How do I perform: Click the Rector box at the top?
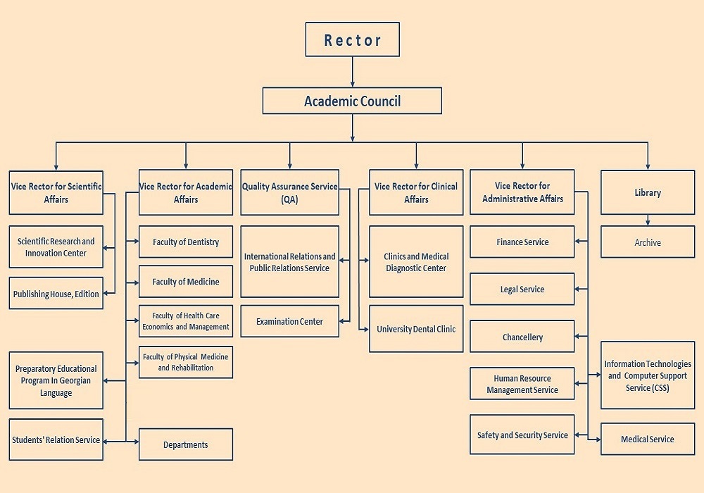(x=353, y=39)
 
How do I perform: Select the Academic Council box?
(x=352, y=101)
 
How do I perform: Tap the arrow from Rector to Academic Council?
(x=353, y=72)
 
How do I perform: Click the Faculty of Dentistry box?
(x=186, y=242)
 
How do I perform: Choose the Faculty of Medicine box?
(x=186, y=282)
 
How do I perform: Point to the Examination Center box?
(x=289, y=321)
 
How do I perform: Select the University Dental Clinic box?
(x=416, y=329)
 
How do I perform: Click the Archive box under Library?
(x=648, y=242)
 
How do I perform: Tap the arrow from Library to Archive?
(x=648, y=220)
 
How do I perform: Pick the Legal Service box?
(x=522, y=289)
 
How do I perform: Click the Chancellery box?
(x=522, y=337)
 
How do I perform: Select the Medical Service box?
(x=648, y=439)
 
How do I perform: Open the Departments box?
(x=186, y=444)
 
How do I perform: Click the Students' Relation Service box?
(x=56, y=439)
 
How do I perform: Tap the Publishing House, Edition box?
(x=56, y=293)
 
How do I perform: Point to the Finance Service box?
(x=522, y=242)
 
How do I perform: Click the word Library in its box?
(x=648, y=192)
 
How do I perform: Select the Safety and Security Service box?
(x=522, y=435)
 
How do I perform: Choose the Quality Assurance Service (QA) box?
(x=289, y=192)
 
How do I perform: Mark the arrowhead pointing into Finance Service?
(x=578, y=241)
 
